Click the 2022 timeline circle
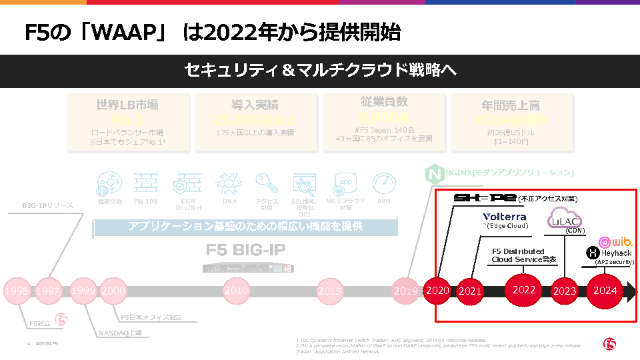coord(524,289)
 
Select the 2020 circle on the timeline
coord(438,291)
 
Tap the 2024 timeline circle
coord(605,291)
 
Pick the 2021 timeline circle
coord(470,291)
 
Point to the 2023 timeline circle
coord(565,291)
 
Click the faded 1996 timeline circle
coord(16,291)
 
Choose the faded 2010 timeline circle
coord(236,291)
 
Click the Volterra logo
coord(505,217)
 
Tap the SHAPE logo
coord(485,198)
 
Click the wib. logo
coord(615,241)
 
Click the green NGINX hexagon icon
coord(433,175)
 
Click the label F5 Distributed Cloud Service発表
coord(524,255)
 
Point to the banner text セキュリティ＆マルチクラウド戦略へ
coord(320,70)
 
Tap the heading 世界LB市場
coord(127,105)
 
